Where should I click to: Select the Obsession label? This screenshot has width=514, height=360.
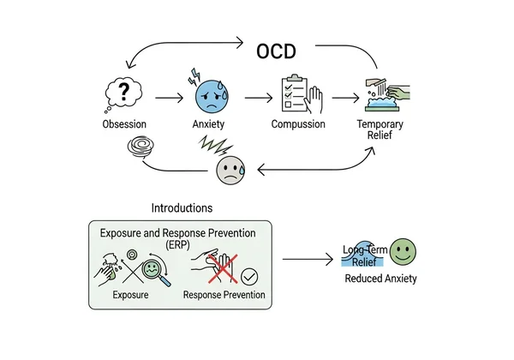pos(123,124)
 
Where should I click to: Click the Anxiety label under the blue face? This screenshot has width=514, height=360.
pos(208,124)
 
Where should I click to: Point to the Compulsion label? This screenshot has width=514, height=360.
pos(299,124)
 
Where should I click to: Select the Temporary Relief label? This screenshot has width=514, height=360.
pos(380,130)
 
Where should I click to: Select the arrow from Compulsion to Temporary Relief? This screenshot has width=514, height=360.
pos(340,97)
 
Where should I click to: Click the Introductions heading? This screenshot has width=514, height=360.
pos(182,207)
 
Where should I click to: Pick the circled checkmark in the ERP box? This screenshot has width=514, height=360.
pos(249,275)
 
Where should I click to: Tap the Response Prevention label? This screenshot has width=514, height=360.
pos(224,296)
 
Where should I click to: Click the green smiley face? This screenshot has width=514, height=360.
pos(403,253)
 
